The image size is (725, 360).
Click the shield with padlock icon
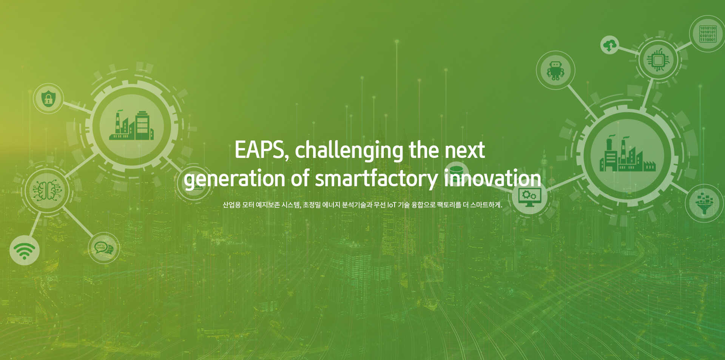(x=48, y=98)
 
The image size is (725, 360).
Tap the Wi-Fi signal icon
(x=25, y=250)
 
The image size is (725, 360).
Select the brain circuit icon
(x=47, y=190)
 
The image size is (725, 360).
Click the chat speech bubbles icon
(x=103, y=248)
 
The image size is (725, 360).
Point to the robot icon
(x=555, y=71)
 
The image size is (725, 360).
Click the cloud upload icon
(x=609, y=45)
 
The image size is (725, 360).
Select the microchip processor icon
(x=658, y=60)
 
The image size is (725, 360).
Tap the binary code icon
(x=708, y=34)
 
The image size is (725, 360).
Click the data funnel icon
(x=704, y=203)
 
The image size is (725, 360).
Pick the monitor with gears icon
(x=529, y=198)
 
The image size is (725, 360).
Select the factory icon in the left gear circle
(x=131, y=125)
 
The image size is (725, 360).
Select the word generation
(x=234, y=179)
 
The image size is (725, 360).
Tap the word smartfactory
(x=376, y=179)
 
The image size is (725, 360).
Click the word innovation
(x=492, y=178)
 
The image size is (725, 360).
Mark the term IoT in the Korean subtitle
(x=392, y=205)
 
